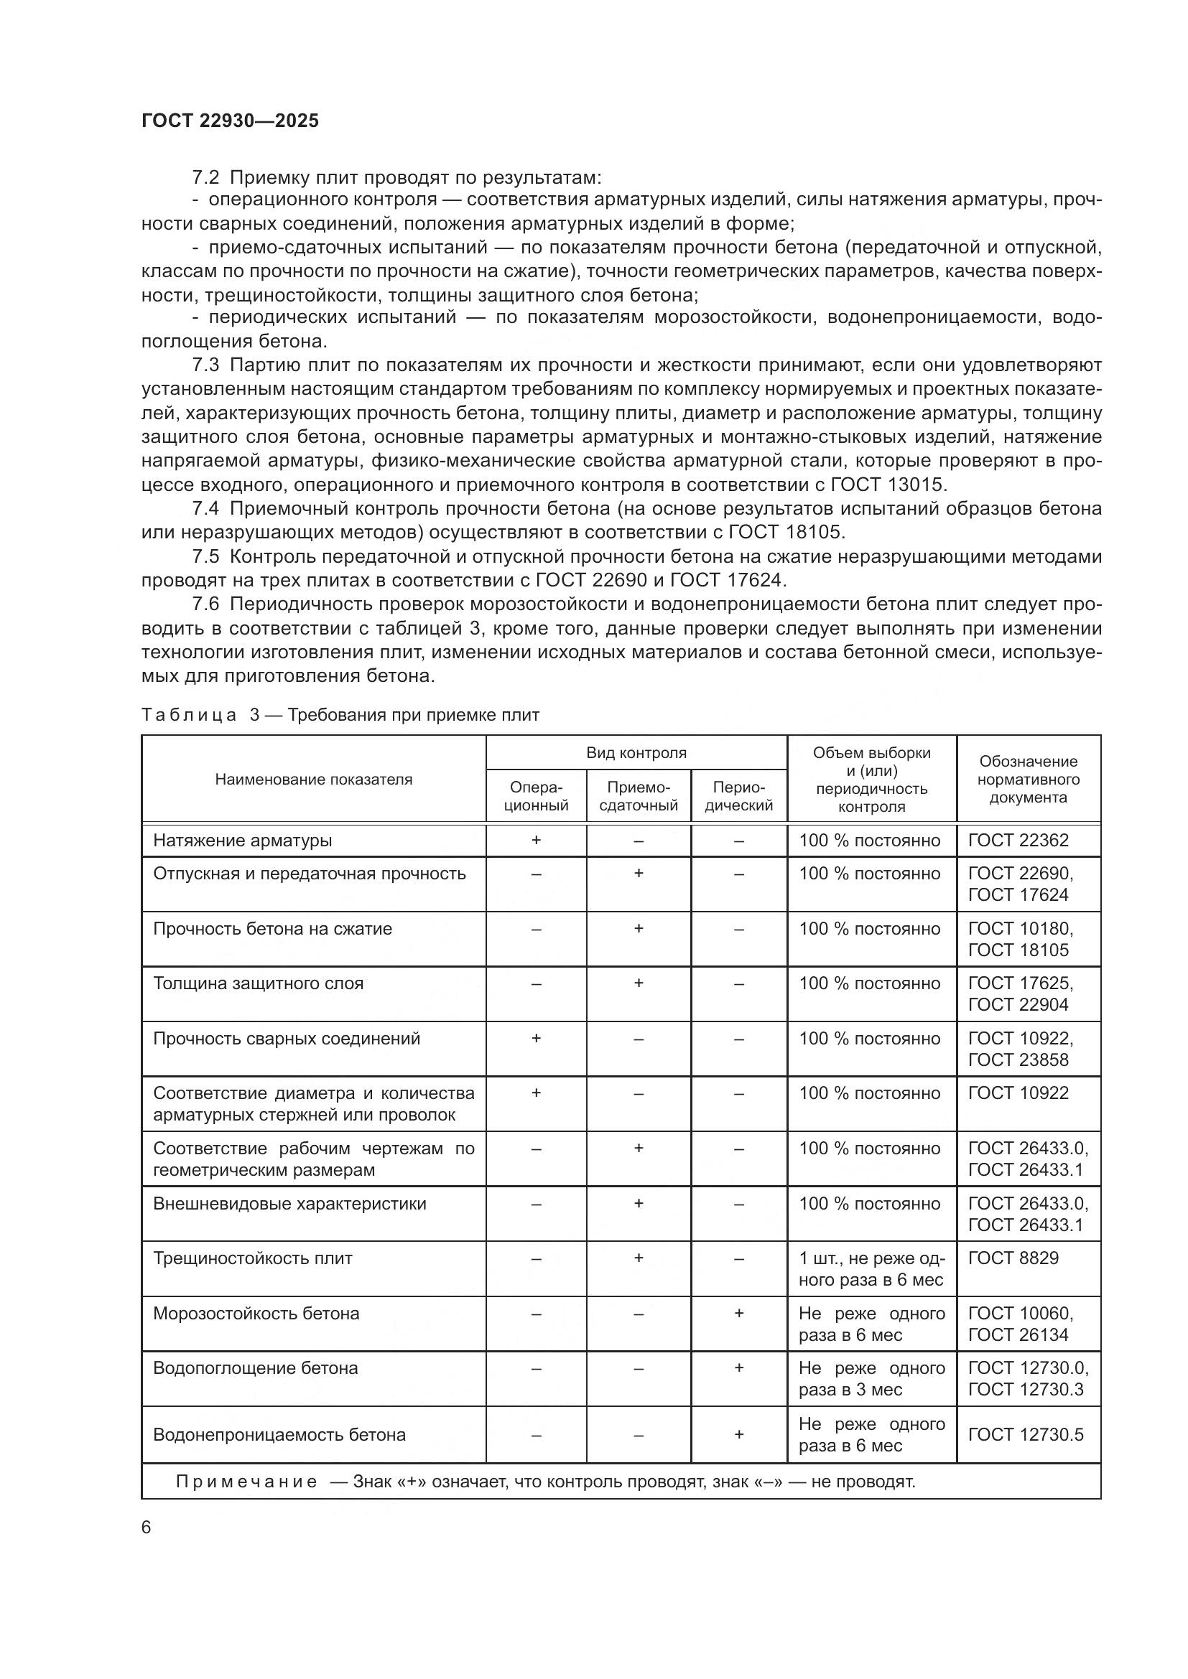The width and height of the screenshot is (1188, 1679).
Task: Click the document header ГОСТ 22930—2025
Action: [x=231, y=121]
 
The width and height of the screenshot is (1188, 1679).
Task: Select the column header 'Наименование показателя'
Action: [x=313, y=780]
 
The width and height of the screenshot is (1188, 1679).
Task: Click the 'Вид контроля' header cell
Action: [x=636, y=753]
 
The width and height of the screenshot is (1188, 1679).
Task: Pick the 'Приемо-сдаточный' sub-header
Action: [x=638, y=796]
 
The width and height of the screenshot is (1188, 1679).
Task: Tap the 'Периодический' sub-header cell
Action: [x=738, y=796]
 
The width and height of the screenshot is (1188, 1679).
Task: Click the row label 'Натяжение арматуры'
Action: [x=242, y=841]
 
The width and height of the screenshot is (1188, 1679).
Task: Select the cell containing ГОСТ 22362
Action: [x=1018, y=841]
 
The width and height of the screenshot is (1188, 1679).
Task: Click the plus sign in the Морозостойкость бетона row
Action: [x=739, y=1314]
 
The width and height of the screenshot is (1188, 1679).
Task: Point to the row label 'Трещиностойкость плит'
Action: [x=252, y=1258]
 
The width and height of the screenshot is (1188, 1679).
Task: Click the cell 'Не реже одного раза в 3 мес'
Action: [x=871, y=1378]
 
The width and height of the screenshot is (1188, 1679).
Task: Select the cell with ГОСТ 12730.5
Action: [x=1025, y=1435]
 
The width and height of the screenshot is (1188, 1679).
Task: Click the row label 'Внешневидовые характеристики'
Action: [x=289, y=1204]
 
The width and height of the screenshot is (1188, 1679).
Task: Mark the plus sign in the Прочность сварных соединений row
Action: [x=537, y=1039]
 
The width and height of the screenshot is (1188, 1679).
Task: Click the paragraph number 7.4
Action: [x=205, y=509]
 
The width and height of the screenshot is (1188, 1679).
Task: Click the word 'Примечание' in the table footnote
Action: [x=246, y=1482]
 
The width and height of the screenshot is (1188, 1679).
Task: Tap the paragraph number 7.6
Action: [x=205, y=604]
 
